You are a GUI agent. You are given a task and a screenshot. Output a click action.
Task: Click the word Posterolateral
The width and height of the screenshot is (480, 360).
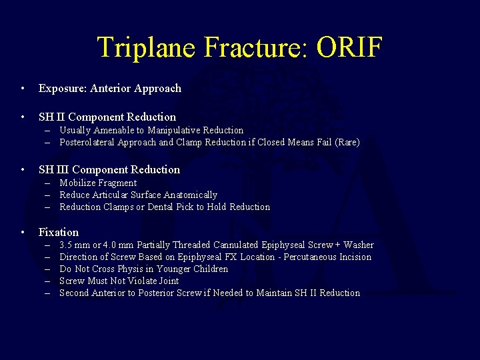tap(90, 142)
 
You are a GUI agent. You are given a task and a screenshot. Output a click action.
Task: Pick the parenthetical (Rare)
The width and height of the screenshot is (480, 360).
tap(346, 142)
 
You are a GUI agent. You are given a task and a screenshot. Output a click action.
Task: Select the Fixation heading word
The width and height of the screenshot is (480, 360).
tap(59, 232)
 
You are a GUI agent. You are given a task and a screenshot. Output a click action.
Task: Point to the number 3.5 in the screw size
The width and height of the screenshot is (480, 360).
tap(66, 245)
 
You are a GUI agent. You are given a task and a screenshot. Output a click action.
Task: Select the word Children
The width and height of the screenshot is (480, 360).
tap(209, 269)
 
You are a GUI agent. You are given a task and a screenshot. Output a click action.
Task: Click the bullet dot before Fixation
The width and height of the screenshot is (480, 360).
tap(23, 233)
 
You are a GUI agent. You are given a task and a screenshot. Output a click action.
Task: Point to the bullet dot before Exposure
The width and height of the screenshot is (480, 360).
tap(23, 89)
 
